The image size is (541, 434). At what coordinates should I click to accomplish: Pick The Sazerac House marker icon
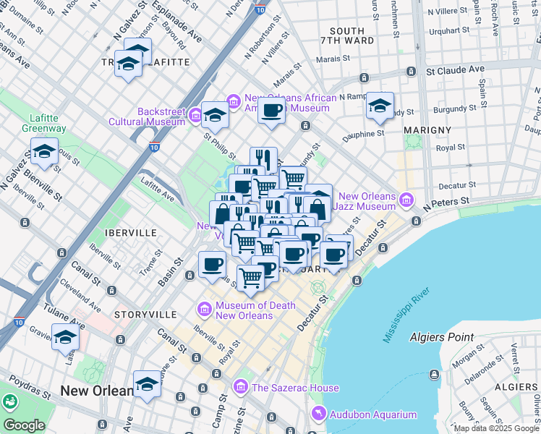pyautogui.click(x=242, y=388)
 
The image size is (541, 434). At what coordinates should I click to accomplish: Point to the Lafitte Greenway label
pyautogui.click(x=48, y=123)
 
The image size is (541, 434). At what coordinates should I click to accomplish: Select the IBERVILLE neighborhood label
pyautogui.click(x=131, y=233)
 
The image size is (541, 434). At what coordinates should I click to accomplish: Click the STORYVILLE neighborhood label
pyautogui.click(x=145, y=315)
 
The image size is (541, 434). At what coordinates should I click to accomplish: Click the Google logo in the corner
pyautogui.click(x=24, y=425)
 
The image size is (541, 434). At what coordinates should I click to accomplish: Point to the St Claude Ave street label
pyautogui.click(x=455, y=70)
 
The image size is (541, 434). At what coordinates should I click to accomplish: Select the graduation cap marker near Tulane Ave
pyautogui.click(x=65, y=336)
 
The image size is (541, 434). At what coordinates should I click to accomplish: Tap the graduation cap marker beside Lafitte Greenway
pyautogui.click(x=45, y=151)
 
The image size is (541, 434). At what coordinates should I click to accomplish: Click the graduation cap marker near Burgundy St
pyautogui.click(x=380, y=106)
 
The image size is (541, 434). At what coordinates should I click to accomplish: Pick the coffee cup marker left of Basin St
pyautogui.click(x=212, y=263)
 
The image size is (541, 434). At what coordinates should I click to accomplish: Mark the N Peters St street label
pyautogui.click(x=447, y=200)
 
